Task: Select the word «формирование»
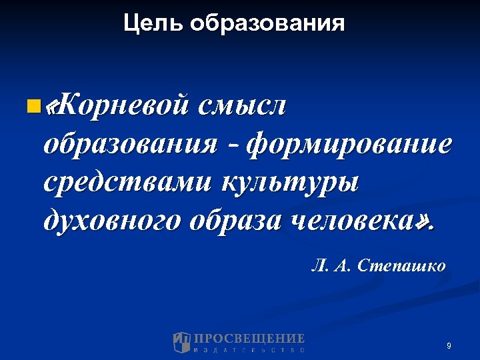tap(349, 144)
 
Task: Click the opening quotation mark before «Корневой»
tap(47, 106)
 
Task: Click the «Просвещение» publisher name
tap(249, 338)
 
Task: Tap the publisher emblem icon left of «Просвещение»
tap(181, 342)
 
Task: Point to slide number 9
tap(449, 345)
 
